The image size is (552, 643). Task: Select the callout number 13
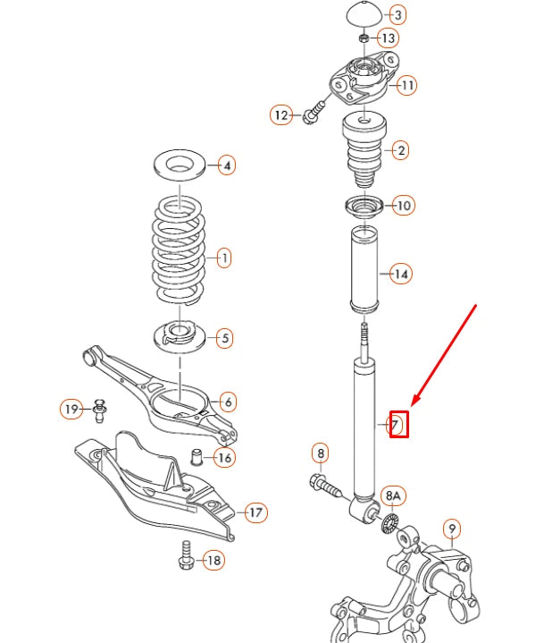click(x=389, y=38)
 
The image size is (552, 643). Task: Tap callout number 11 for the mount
click(x=407, y=86)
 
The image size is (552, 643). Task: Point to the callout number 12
click(x=282, y=114)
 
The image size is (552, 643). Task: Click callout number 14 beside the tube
click(x=401, y=274)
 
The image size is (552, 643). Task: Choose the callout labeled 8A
click(x=394, y=495)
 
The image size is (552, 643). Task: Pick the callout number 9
click(x=452, y=529)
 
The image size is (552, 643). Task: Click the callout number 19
click(x=71, y=410)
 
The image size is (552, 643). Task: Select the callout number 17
click(x=255, y=512)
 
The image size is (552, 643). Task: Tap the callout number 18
click(x=213, y=561)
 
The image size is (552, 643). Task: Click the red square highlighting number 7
click(x=398, y=424)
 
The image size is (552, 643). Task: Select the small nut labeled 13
click(x=364, y=38)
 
